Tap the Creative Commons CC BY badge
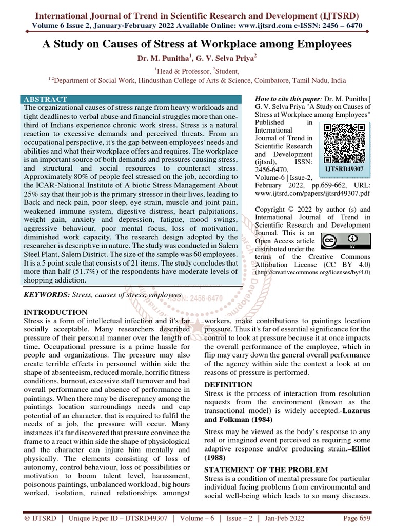coord(346,241)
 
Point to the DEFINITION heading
coord(228,384)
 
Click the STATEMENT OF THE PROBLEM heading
coord(265,469)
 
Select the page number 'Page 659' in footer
coord(357,518)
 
